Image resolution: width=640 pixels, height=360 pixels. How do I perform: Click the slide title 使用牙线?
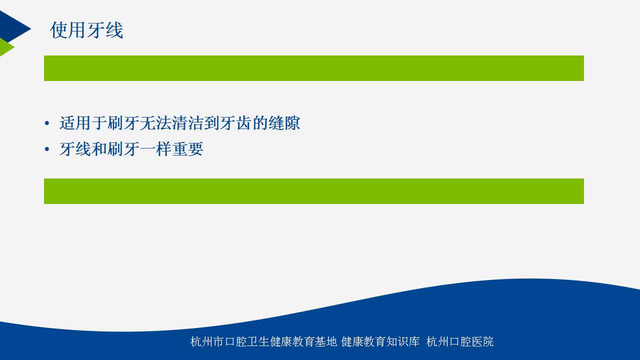coord(86,30)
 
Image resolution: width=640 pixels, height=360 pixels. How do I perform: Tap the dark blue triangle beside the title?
coord(13,27)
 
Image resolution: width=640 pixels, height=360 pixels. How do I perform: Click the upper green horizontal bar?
coord(313,68)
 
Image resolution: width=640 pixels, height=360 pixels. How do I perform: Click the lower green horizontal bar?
coord(313,191)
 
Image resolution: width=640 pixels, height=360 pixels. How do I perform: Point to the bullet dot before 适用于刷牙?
coord(47,123)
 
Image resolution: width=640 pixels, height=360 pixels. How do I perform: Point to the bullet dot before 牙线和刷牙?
coord(47,149)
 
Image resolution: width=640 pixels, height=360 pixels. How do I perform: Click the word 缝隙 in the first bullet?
coord(284,123)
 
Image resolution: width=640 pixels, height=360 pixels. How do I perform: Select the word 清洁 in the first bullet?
coord(187,123)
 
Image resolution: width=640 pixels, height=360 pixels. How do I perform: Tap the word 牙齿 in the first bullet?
coord(236,123)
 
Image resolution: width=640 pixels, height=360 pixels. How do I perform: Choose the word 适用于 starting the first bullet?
coord(83,123)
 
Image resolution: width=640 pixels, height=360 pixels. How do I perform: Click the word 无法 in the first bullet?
coord(155,123)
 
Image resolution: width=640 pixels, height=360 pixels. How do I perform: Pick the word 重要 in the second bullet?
coord(187,149)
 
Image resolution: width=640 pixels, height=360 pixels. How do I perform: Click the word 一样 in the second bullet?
coord(155,149)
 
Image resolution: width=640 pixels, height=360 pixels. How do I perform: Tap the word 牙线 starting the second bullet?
coord(75,149)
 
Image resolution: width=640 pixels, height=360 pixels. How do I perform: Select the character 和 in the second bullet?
coord(99,149)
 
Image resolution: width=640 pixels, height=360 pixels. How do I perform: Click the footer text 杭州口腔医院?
coord(459,341)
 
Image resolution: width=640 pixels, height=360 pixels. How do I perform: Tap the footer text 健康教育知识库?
coord(380,341)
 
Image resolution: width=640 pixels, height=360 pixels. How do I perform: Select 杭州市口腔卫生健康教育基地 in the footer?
coord(263,341)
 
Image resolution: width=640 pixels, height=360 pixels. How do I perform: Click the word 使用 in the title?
coord(68,30)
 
